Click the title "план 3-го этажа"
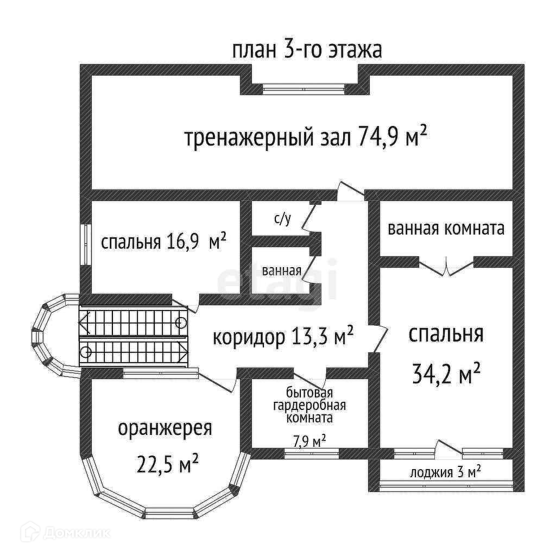coord(307,50)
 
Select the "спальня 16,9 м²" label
coord(163,242)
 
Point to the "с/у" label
coord(282,219)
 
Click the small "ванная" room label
coord(281,270)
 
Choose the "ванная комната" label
coord(446,229)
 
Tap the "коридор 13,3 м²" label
coord(283,337)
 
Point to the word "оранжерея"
coord(165,429)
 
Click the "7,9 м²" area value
coord(309,441)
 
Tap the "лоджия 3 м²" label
coord(446,472)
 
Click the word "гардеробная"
coord(309,406)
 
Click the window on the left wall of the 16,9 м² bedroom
coord(85,244)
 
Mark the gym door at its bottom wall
coord(350,191)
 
